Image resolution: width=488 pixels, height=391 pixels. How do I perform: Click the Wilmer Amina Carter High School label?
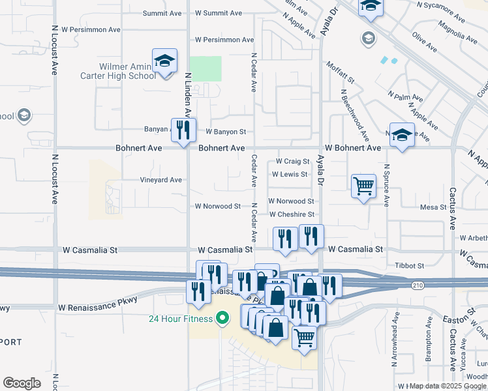(127, 71)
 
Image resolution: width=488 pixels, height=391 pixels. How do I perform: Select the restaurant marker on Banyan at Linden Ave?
(183, 130)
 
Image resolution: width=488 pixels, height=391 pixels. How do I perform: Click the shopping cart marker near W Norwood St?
(364, 186)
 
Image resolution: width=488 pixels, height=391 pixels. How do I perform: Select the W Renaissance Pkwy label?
(98, 307)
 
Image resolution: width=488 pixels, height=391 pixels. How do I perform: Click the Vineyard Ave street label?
(160, 180)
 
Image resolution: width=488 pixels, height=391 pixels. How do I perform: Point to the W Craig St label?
(292, 161)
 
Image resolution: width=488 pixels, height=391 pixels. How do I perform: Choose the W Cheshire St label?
(292, 214)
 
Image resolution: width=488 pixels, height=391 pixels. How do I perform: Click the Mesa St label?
(432, 207)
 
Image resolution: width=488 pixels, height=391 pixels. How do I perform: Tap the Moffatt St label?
(341, 73)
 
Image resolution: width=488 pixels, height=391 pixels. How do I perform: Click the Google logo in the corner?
(22, 383)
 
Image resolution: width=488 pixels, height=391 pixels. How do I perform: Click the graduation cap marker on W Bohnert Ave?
(402, 135)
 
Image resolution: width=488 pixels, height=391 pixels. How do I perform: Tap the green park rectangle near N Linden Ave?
(206, 68)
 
